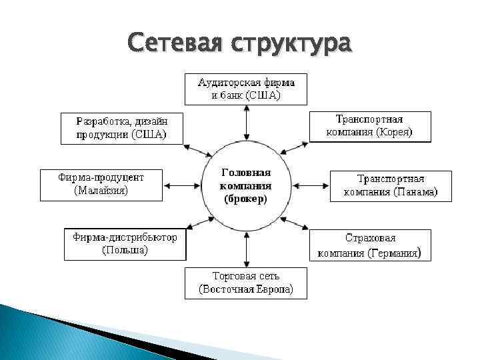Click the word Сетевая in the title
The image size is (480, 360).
tap(175, 43)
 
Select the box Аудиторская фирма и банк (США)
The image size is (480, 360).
tap(246, 89)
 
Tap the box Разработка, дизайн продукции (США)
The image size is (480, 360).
tap(122, 128)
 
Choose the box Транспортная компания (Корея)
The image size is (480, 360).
tap(369, 126)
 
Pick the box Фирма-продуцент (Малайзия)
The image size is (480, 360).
tap(101, 184)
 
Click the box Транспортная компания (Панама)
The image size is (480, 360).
tap(390, 185)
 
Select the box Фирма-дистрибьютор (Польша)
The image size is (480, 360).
tap(125, 244)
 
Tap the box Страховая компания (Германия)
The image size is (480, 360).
tap(370, 245)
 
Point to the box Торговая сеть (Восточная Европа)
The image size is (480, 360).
tap(246, 283)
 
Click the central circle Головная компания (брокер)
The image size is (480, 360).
tap(246, 186)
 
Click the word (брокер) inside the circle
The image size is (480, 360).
tap(246, 199)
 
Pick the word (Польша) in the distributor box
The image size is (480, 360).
tap(125, 251)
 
